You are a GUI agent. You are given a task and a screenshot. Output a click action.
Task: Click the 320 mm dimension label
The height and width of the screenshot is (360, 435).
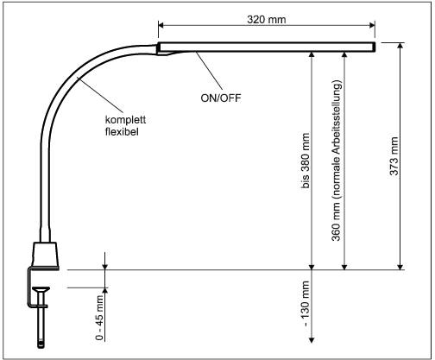point(266,16)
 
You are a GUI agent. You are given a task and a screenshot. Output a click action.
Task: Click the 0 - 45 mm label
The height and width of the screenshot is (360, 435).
point(100,316)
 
